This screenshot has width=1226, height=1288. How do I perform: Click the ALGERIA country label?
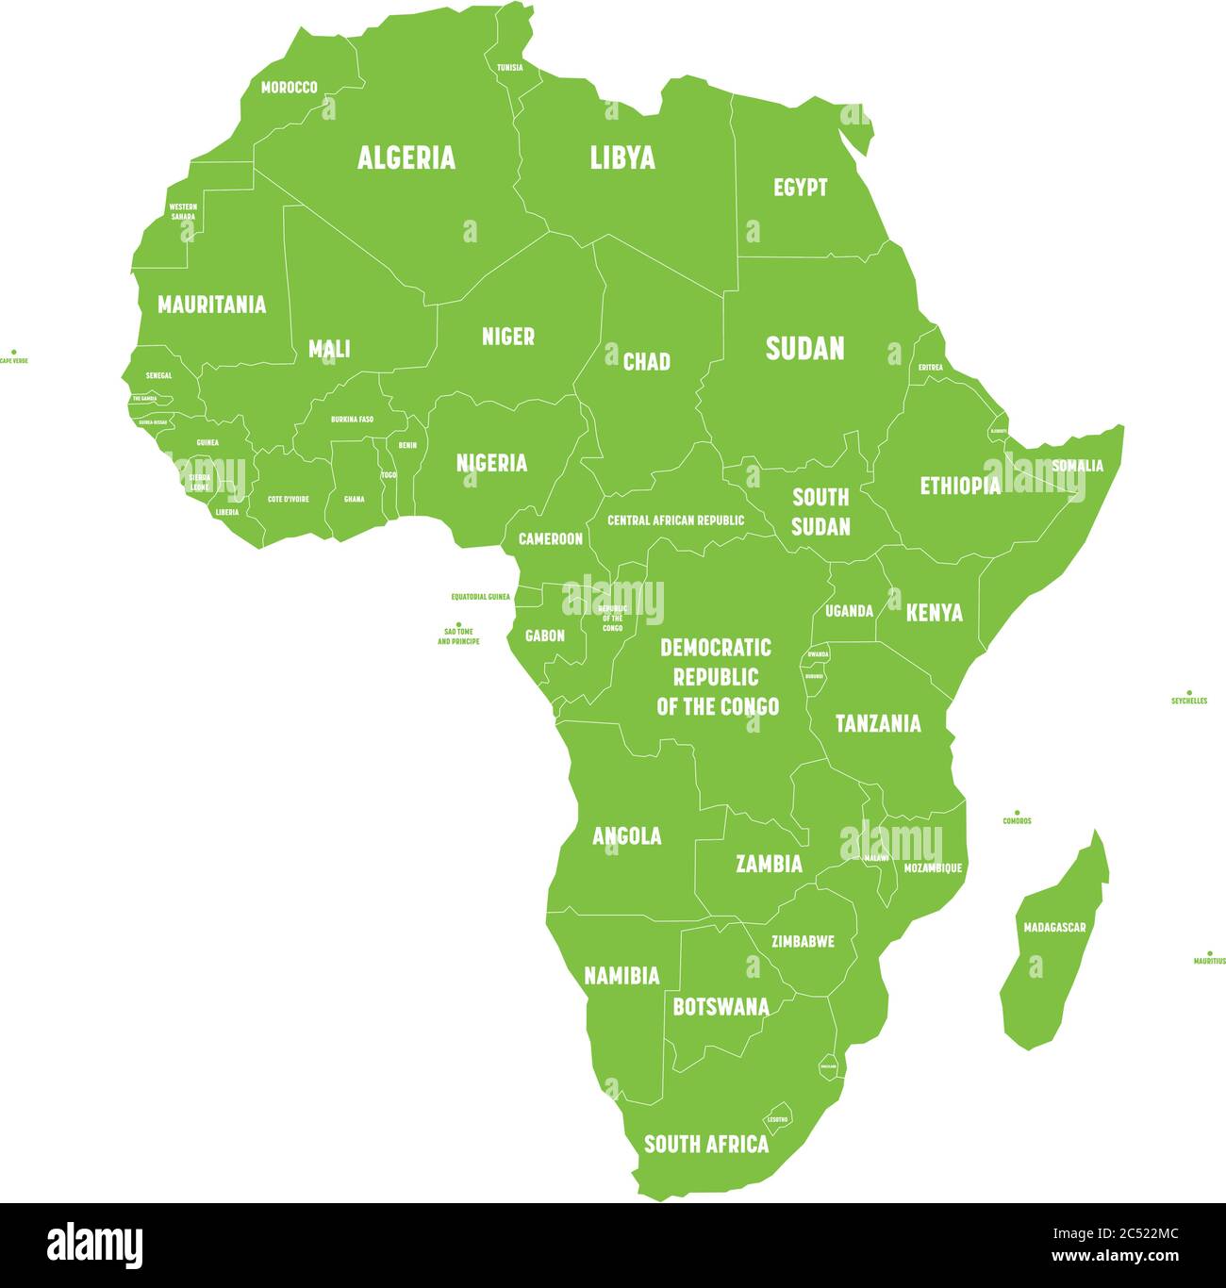pyautogui.click(x=406, y=157)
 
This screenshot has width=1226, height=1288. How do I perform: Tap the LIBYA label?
pyautogui.click(x=622, y=157)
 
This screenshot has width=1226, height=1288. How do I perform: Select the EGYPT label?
pyautogui.click(x=800, y=188)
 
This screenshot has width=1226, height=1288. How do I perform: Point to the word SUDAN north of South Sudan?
pyautogui.click(x=804, y=349)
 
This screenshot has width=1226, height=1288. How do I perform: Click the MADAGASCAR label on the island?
pyautogui.click(x=1054, y=928)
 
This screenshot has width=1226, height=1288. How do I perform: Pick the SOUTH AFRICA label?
pyautogui.click(x=705, y=1145)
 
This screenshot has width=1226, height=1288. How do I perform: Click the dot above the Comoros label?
pyautogui.click(x=1017, y=812)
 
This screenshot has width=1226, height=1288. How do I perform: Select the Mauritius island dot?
pyautogui.click(x=1210, y=953)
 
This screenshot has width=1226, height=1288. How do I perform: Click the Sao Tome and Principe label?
pyautogui.click(x=458, y=636)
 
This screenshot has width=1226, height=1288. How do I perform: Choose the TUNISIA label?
pyautogui.click(x=509, y=68)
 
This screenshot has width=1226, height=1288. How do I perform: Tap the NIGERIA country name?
pyautogui.click(x=491, y=463)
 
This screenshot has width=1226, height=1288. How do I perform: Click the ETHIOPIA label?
pyautogui.click(x=959, y=487)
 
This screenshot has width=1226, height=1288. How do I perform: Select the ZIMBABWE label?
pyautogui.click(x=803, y=941)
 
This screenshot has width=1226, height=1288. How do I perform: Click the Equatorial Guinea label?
pyautogui.click(x=480, y=597)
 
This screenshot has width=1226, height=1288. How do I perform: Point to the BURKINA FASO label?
pyautogui.click(x=352, y=420)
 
